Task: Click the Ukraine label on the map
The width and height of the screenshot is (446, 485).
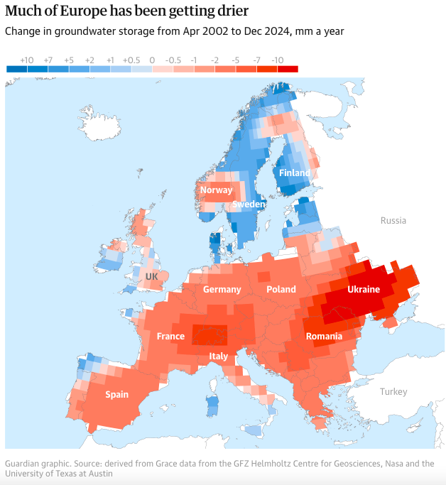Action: (364, 290)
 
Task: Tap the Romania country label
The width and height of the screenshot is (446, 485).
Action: (324, 336)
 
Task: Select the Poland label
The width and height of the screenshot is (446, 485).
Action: (281, 290)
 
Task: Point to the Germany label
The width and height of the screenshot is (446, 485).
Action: (222, 290)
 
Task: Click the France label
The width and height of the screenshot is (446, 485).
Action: (170, 336)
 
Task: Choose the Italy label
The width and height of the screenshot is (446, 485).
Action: (219, 356)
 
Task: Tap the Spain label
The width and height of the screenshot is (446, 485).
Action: (116, 394)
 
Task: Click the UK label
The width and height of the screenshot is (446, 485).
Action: (152, 276)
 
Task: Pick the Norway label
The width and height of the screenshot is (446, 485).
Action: (216, 190)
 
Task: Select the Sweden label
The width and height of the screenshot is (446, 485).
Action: (249, 205)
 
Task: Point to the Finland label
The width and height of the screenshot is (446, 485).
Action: (294, 173)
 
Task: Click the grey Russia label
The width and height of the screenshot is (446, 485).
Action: (393, 220)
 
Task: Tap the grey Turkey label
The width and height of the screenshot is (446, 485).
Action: (393, 392)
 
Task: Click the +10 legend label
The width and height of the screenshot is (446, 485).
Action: (26, 60)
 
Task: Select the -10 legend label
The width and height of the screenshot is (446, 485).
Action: (278, 60)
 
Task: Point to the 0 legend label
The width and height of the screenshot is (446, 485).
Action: (152, 60)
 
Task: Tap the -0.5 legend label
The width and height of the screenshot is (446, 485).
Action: (173, 60)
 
